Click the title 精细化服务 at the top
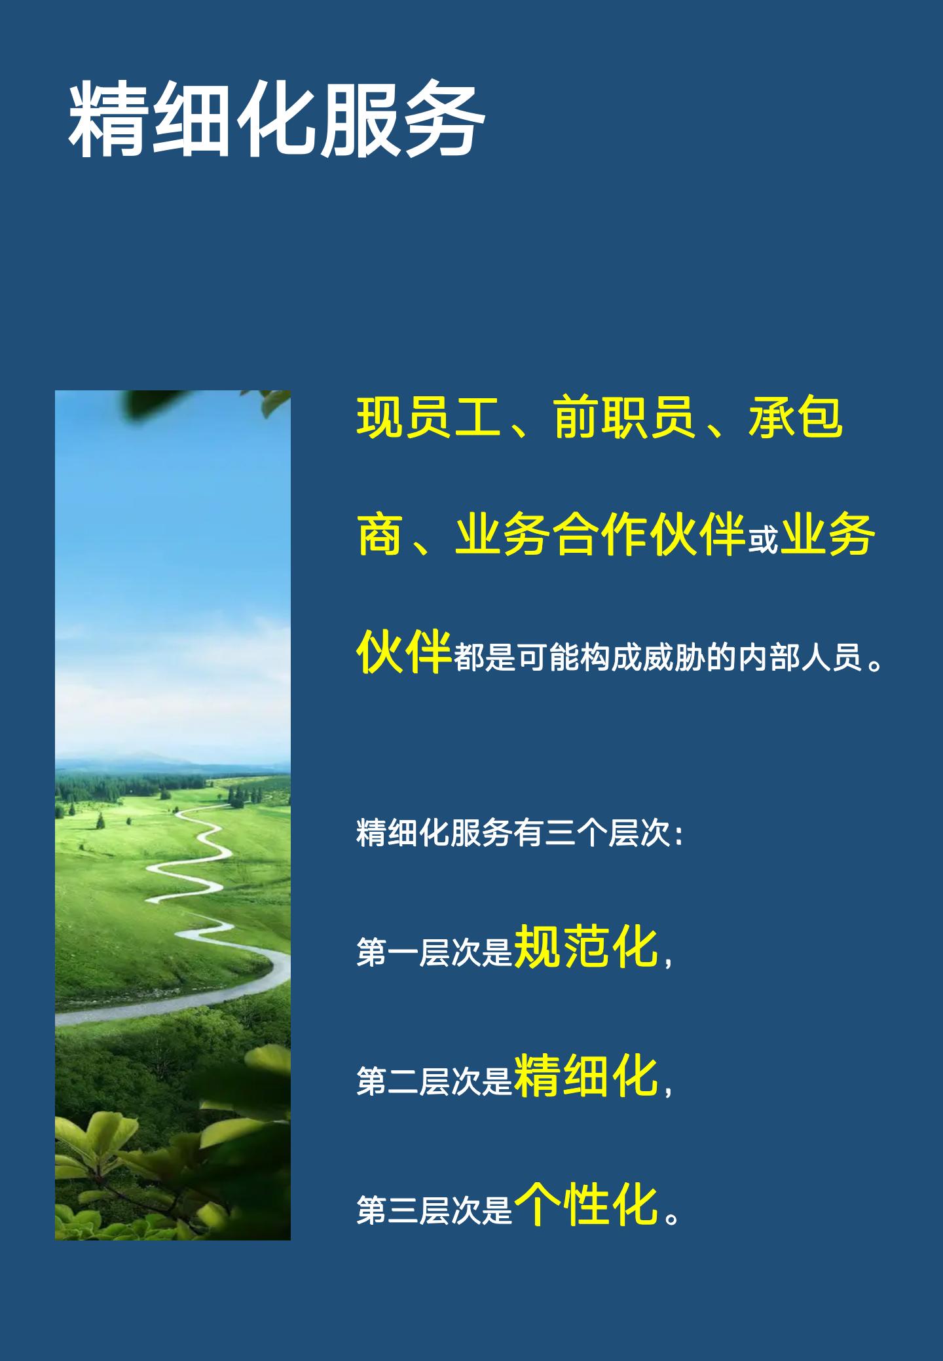click(x=276, y=119)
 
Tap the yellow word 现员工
click(x=428, y=417)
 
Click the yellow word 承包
click(x=795, y=417)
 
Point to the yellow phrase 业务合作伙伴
click(x=601, y=534)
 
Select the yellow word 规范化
click(x=586, y=946)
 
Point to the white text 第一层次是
click(x=434, y=953)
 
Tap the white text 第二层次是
click(x=434, y=1081)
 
